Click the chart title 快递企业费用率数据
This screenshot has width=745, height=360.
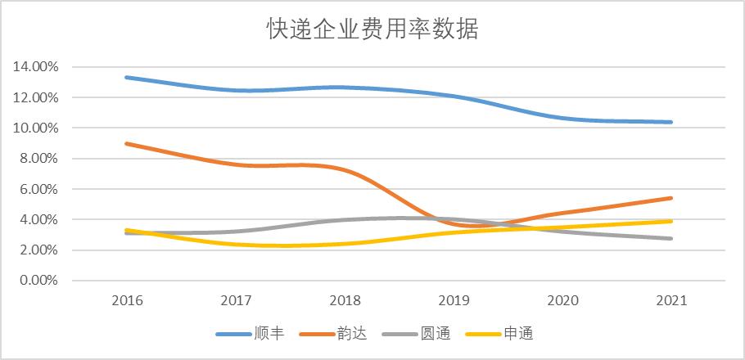click(x=372, y=29)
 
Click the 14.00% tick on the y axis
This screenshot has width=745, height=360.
click(x=36, y=67)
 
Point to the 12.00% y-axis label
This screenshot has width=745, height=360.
click(x=36, y=97)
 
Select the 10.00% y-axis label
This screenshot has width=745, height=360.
click(x=36, y=128)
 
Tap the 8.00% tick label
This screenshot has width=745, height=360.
click(x=39, y=159)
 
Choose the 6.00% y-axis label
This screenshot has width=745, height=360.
click(x=39, y=189)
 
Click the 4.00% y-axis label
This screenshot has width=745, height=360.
click(x=39, y=220)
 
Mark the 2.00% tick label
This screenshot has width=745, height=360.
click(x=39, y=250)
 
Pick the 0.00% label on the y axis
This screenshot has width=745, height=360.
click(x=39, y=281)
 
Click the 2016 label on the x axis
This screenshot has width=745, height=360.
click(x=127, y=300)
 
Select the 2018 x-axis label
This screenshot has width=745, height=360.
click(x=345, y=300)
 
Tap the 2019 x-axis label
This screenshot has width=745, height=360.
click(x=454, y=300)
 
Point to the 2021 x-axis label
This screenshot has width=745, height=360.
click(x=671, y=300)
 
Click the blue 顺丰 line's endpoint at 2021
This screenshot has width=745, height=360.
click(x=671, y=122)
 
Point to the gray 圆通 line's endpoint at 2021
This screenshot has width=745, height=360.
click(x=671, y=239)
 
